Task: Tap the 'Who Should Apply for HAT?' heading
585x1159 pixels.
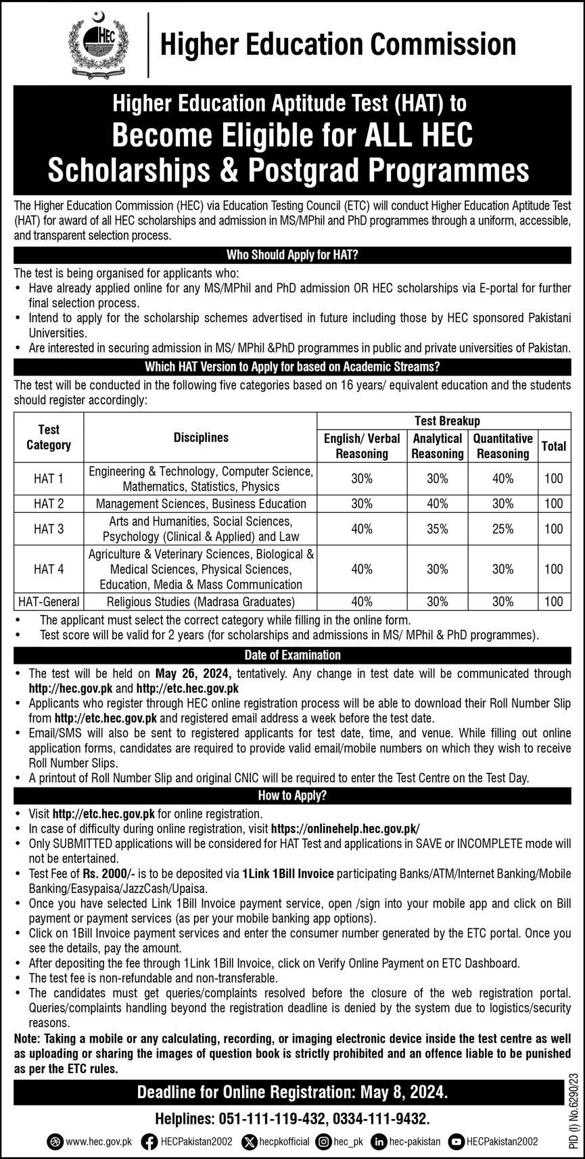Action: (292, 255)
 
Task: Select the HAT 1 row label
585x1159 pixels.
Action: (49, 479)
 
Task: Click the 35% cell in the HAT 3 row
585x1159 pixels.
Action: (438, 529)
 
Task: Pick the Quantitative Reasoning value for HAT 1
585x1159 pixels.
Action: (502, 479)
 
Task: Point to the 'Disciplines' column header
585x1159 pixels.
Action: (201, 438)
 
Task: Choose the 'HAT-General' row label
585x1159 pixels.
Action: (49, 601)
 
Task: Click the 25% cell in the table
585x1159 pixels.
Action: (502, 529)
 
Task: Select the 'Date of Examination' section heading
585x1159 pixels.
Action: (292, 655)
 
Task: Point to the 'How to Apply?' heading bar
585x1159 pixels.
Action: (292, 796)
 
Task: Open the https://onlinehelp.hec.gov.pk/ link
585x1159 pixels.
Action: (345, 829)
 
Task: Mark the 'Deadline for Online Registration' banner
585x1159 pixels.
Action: (292, 1092)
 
